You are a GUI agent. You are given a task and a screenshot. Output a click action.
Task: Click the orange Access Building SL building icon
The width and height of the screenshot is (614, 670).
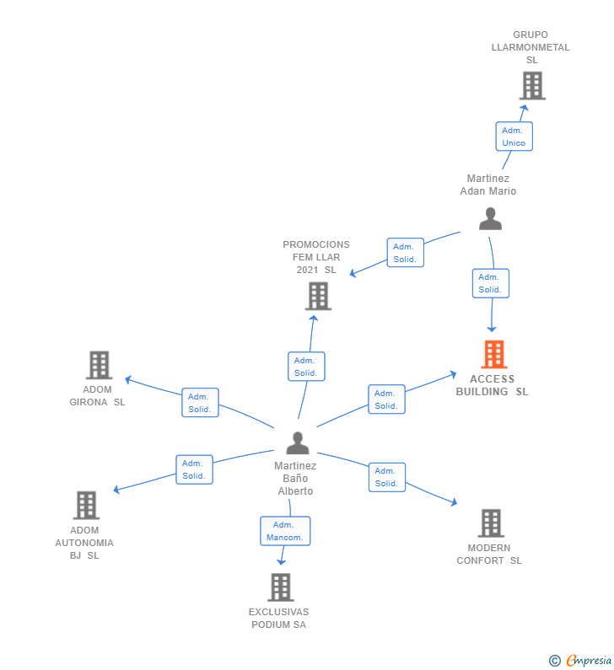[x=493, y=355]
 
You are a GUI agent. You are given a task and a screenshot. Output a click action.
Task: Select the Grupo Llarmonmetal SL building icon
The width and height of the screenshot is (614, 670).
[x=531, y=86]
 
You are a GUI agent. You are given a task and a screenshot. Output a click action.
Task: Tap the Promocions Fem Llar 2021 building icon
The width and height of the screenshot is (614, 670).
[x=318, y=297]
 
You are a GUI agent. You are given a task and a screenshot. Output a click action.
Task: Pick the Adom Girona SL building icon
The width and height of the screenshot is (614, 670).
[x=100, y=366]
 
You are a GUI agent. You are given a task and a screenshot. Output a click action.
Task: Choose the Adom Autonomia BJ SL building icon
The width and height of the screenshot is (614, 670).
[x=86, y=506]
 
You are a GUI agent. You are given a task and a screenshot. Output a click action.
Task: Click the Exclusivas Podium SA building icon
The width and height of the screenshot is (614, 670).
[x=280, y=587]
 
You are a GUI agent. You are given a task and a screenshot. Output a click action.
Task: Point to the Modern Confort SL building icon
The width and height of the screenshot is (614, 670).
[x=490, y=523]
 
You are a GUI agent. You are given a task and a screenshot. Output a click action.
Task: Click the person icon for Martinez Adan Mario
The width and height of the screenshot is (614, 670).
[x=490, y=219]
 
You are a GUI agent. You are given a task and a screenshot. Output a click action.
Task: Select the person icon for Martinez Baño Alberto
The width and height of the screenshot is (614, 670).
[x=297, y=443]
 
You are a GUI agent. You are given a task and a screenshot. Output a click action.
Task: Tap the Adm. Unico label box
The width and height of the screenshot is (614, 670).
[x=514, y=137]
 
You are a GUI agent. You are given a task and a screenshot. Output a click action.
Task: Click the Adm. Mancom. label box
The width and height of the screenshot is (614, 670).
[x=285, y=531]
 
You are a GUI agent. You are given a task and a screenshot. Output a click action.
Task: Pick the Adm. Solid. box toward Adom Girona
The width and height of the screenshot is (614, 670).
[x=200, y=403]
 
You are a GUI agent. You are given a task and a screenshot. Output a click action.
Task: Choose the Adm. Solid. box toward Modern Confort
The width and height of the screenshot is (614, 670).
[x=386, y=477]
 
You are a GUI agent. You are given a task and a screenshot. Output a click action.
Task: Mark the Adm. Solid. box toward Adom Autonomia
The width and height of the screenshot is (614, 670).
[x=194, y=469]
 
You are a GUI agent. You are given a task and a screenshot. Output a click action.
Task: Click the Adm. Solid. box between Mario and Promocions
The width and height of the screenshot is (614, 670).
[x=405, y=253]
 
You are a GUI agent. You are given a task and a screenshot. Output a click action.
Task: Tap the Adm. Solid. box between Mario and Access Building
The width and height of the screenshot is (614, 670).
[x=490, y=283]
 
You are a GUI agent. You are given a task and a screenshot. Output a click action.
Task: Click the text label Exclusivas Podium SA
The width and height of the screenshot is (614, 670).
[x=278, y=619]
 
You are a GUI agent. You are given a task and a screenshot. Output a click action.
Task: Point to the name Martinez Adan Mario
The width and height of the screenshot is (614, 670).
[x=487, y=185]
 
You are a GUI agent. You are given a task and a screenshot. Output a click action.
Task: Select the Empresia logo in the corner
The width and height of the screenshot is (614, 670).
[x=581, y=660]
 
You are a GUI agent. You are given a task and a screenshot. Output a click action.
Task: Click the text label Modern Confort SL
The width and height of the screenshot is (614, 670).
[x=489, y=555]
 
